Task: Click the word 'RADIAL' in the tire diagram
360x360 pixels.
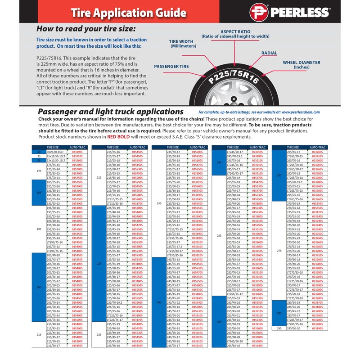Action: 269,53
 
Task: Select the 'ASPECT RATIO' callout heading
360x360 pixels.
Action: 235,31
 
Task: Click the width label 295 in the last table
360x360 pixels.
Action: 279,328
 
